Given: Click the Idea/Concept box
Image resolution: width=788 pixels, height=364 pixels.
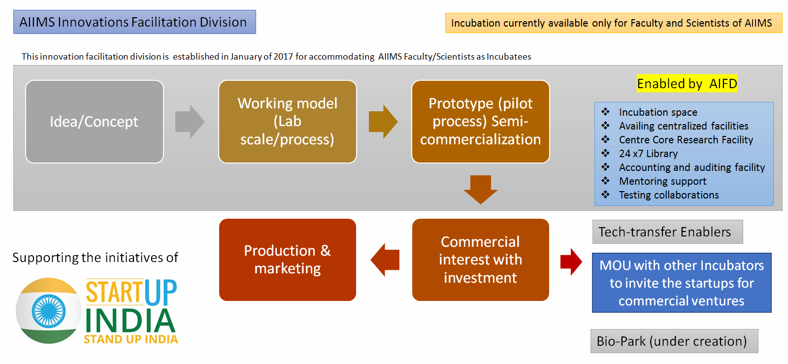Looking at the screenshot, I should (95, 122).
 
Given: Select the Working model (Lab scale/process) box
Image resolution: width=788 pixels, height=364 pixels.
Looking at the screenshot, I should (288, 122).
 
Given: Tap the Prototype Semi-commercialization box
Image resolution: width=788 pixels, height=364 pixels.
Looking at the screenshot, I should (481, 122).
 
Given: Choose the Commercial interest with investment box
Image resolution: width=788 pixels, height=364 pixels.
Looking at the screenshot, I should (481, 260).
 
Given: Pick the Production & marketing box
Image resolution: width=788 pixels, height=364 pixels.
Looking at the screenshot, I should (288, 260).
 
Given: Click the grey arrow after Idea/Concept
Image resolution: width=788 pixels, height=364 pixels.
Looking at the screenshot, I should (190, 122).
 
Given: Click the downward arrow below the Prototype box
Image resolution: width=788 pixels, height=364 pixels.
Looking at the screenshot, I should (481, 189).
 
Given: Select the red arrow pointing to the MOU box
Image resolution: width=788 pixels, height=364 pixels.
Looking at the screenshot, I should (571, 262).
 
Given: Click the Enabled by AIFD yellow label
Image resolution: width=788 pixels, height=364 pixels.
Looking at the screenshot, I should (687, 84).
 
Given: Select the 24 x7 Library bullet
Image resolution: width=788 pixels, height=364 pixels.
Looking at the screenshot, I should (648, 154).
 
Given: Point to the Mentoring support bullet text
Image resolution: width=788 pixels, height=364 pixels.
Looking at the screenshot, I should (662, 181).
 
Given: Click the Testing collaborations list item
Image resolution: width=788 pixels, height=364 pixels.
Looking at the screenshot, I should (669, 195).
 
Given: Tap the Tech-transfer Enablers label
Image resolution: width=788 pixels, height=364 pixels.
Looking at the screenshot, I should (667, 232).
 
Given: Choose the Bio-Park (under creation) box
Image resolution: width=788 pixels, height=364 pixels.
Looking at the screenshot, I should (674, 341).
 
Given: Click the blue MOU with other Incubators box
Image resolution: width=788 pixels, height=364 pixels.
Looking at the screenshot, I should (682, 283).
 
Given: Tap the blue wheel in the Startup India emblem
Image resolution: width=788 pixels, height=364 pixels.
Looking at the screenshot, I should (48, 311).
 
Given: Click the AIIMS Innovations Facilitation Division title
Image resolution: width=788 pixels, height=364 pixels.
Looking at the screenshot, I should (134, 22).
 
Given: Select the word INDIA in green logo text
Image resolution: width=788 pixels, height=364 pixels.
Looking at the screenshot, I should (131, 321).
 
